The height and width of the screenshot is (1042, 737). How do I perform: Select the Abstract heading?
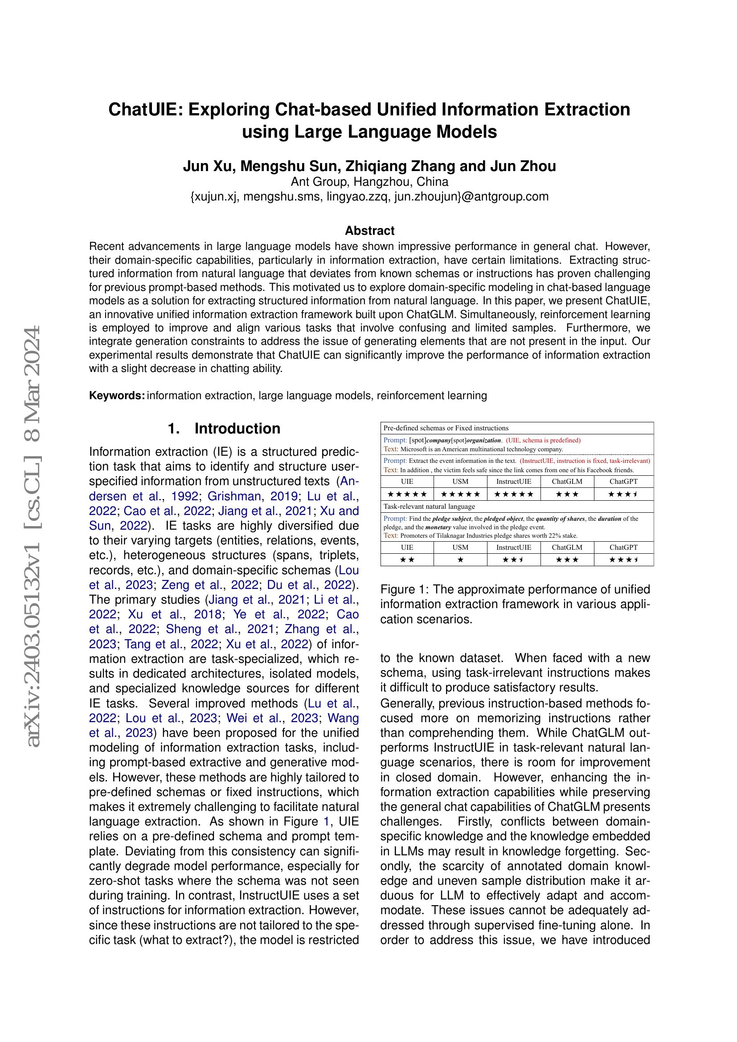(x=369, y=231)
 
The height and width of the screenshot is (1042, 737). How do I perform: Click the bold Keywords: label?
(x=117, y=395)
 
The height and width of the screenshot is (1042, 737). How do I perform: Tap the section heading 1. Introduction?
(x=224, y=429)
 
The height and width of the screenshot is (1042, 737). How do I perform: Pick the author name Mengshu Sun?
(x=291, y=167)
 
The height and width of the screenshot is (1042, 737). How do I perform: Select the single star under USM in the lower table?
(x=460, y=560)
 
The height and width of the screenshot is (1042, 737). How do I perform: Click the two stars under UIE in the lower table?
(x=407, y=560)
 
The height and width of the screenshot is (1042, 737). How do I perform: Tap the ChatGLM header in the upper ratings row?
(x=567, y=482)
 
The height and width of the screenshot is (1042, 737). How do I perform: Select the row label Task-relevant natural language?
(x=429, y=506)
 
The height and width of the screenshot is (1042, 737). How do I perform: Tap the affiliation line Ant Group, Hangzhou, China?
(x=369, y=182)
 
